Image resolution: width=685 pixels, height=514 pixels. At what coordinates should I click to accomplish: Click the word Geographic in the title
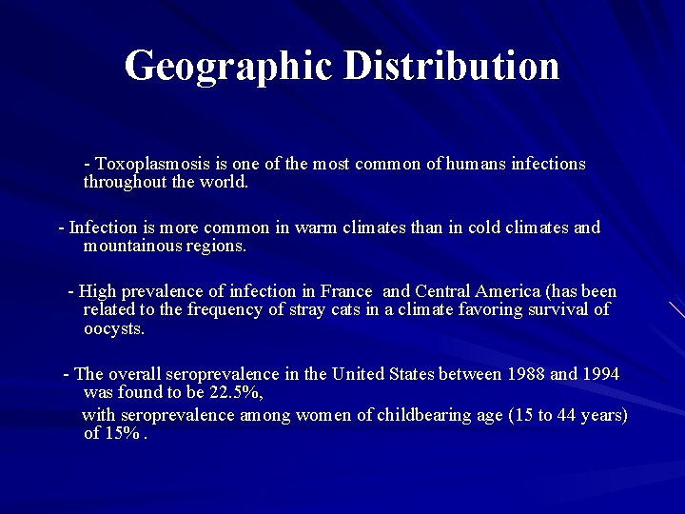pyautogui.click(x=229, y=67)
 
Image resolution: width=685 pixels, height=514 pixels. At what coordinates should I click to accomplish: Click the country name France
pyautogui.click(x=346, y=291)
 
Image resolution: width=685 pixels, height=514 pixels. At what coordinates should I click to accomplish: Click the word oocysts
pyautogui.click(x=114, y=328)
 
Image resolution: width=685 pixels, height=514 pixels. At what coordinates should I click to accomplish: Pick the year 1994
pyautogui.click(x=599, y=374)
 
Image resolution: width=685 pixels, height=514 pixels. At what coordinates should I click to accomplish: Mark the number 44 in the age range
pyautogui.click(x=558, y=415)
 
